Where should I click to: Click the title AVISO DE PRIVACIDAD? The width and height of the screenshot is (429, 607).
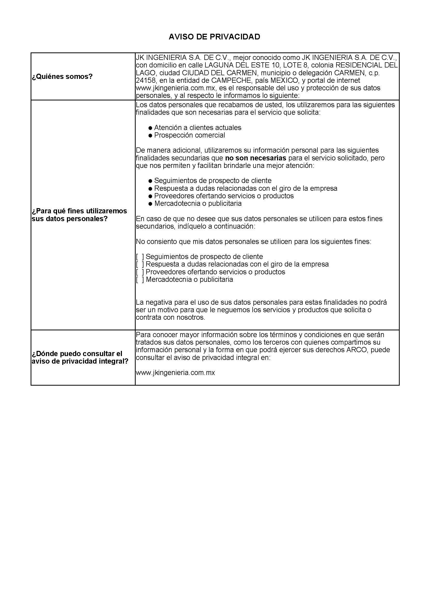(x=214, y=37)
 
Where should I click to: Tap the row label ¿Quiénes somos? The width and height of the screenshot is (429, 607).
(x=62, y=77)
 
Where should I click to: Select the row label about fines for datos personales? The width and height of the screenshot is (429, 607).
(x=79, y=215)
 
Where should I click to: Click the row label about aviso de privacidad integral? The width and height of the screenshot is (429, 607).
(x=80, y=357)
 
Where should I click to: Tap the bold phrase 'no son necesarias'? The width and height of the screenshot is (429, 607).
(x=255, y=158)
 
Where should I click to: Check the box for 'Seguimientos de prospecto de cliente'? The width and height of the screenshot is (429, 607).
(x=140, y=257)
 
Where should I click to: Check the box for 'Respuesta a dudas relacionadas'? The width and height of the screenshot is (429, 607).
(x=140, y=264)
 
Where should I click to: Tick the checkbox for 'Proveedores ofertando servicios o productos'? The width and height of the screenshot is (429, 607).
(x=140, y=272)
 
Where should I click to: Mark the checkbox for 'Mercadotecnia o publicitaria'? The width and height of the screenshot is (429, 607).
(x=140, y=279)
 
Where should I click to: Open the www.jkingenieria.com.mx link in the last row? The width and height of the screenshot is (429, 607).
(x=175, y=373)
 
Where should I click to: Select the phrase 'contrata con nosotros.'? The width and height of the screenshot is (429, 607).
(x=170, y=317)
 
